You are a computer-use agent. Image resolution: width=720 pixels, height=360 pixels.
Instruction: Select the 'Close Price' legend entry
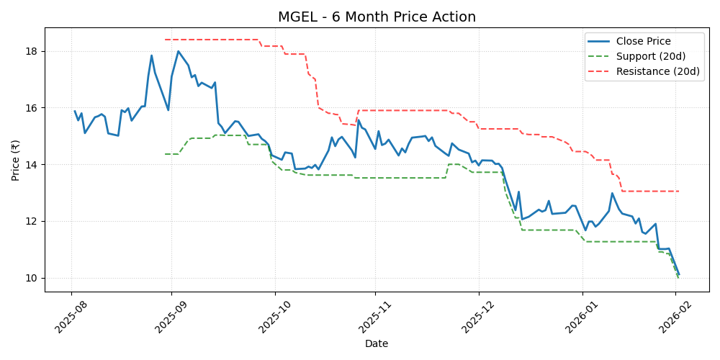tap(643, 41)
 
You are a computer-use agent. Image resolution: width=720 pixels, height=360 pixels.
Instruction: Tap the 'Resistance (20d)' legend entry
tap(657, 71)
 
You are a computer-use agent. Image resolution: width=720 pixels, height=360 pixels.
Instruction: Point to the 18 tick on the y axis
tap(32, 51)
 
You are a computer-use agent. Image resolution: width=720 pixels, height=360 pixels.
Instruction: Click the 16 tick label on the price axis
tap(32, 108)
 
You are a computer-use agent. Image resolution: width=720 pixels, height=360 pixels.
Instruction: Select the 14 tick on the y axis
tap(32, 165)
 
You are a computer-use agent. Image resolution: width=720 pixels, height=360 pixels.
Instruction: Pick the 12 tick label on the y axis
tap(32, 221)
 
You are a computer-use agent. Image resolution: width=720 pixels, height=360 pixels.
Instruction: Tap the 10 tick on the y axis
tap(32, 278)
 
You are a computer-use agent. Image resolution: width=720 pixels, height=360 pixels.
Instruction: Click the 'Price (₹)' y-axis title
tap(16, 159)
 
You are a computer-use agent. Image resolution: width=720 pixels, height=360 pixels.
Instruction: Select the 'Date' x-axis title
tap(376, 343)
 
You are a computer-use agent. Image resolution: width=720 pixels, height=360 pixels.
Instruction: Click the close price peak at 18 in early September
tap(178, 51)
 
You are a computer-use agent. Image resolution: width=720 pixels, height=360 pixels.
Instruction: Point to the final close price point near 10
tap(678, 274)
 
